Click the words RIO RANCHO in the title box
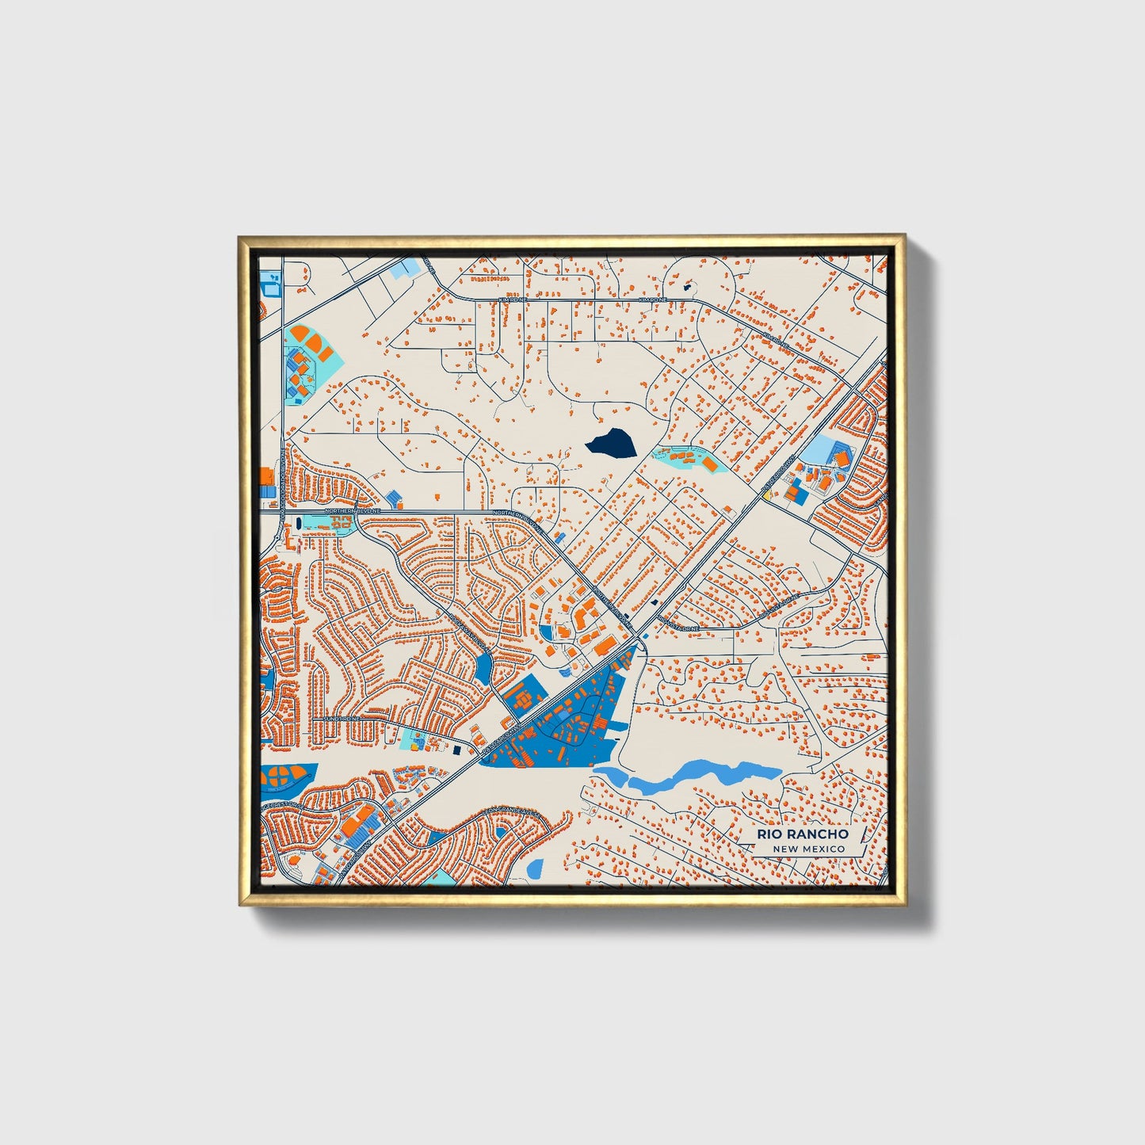tap(801, 834)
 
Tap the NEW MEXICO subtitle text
tap(809, 849)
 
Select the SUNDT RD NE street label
tap(342, 719)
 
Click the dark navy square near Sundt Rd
tap(458, 749)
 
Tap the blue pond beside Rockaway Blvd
tap(483, 669)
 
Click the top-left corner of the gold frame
tap(239, 236)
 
